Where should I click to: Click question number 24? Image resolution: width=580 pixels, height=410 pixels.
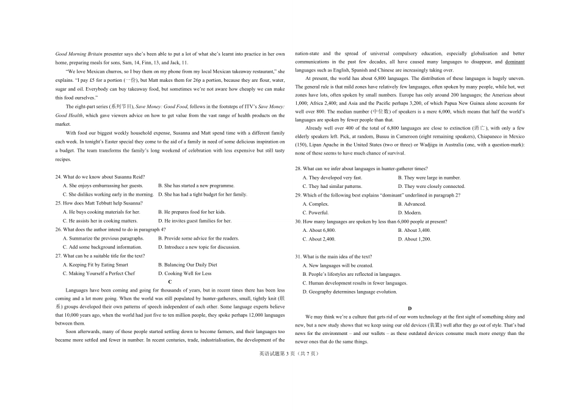[59, 177]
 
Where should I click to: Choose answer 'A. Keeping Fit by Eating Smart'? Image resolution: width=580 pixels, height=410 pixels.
[95, 265]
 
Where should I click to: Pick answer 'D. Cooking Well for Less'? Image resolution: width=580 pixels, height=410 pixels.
[184, 273]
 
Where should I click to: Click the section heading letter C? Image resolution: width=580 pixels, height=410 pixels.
[170, 282]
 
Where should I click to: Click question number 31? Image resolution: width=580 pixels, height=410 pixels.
[299, 257]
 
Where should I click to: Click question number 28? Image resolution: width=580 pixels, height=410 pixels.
[299, 168]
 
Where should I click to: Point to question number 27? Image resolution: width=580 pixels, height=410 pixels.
[59, 256]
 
